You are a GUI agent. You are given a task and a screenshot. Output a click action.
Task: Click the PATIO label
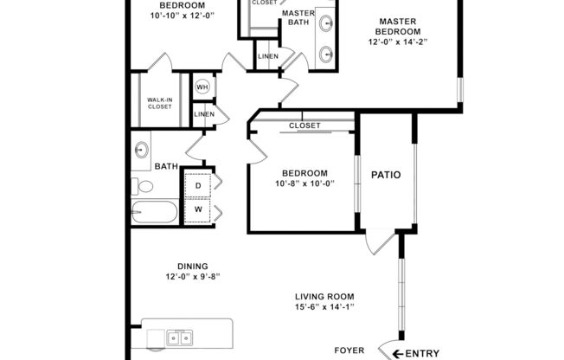(x=386, y=175)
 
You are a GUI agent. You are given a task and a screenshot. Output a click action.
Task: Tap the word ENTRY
(x=422, y=352)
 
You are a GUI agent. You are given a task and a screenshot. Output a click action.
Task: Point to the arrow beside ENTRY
(x=397, y=352)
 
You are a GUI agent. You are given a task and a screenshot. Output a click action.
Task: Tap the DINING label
(x=193, y=267)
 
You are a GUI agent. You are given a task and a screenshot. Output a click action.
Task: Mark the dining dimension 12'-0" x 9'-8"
(x=193, y=278)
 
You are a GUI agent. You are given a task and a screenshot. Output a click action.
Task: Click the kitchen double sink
(x=180, y=337)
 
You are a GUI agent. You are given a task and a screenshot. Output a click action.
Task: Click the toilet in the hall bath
(x=144, y=185)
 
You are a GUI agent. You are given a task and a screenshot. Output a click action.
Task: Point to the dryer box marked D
(x=198, y=185)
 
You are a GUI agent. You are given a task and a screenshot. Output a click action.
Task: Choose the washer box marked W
(x=198, y=209)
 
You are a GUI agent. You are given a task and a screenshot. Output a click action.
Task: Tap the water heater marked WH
(x=202, y=87)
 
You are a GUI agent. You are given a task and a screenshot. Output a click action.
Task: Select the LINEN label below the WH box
(x=204, y=114)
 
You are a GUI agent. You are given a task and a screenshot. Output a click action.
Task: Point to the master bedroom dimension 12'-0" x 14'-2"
(x=398, y=41)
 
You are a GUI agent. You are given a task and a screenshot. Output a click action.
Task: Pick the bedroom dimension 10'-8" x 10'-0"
(x=304, y=183)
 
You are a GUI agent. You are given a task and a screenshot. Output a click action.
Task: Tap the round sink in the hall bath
(x=142, y=149)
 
